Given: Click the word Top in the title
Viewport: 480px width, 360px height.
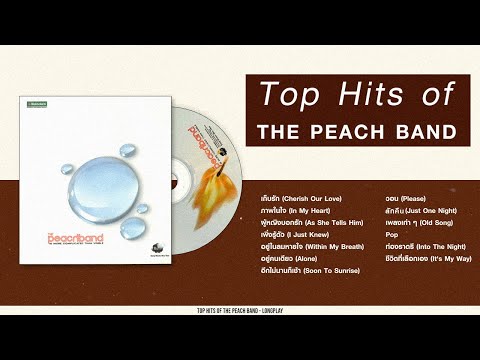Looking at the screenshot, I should point(286,94).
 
